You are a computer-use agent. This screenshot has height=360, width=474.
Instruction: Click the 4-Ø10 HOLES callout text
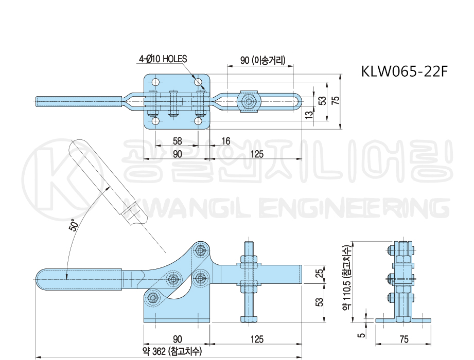163,59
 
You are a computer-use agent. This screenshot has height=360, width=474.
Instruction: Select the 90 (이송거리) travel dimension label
262,60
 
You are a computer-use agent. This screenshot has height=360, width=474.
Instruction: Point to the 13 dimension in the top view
309,115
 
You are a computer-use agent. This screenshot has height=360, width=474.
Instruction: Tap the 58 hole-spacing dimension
177,140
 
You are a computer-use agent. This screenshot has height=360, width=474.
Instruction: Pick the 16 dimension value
225,140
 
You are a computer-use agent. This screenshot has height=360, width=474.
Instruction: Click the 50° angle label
75,225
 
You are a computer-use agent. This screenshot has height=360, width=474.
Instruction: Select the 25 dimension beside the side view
319,272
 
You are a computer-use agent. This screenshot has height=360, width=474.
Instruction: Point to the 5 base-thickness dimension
361,335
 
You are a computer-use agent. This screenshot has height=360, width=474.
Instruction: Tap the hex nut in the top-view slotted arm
250,101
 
